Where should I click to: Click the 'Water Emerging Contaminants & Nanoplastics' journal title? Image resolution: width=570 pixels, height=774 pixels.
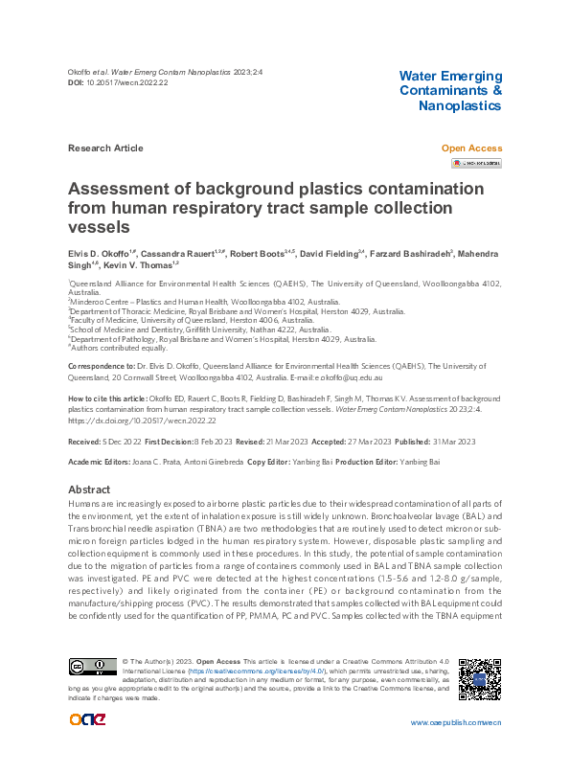pos(449,90)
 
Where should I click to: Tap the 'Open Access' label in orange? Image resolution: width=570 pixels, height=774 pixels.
pos(470,148)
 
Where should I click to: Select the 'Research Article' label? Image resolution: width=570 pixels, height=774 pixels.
pos(105,148)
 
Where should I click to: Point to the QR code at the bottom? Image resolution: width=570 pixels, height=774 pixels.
pos(479,678)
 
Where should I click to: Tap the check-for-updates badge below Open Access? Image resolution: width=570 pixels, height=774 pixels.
pos(477,163)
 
